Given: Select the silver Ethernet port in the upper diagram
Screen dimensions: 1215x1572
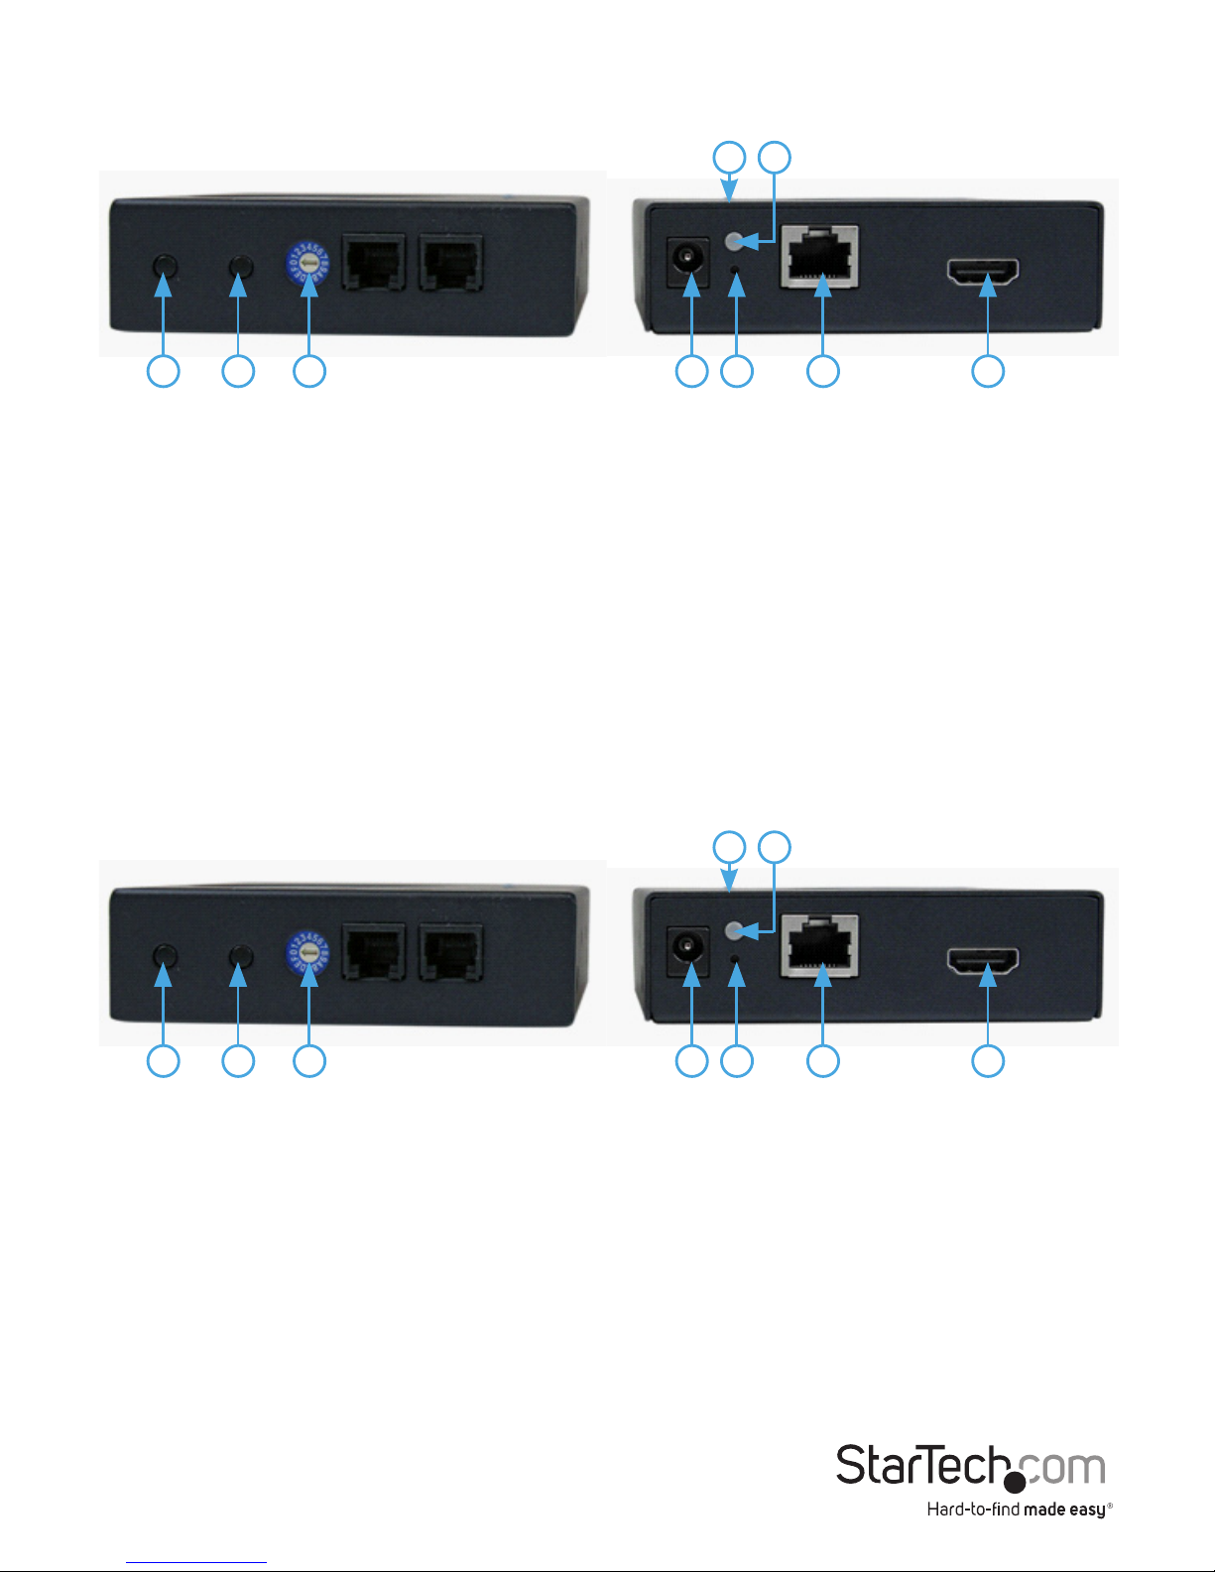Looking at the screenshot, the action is tap(820, 255).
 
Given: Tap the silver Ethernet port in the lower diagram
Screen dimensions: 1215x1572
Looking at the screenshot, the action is tap(820, 945).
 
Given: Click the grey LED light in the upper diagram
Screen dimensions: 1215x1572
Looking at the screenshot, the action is tap(735, 240).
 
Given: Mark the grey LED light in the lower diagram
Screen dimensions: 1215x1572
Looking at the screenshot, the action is tap(735, 930).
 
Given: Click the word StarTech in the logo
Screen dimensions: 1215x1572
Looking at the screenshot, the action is tap(922, 1466).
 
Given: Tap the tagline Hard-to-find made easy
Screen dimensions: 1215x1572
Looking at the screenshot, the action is tap(1018, 1511).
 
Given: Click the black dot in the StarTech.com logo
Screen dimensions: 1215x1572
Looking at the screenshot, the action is tap(1015, 1483).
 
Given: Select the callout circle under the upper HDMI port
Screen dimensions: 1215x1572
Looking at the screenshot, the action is tap(988, 372).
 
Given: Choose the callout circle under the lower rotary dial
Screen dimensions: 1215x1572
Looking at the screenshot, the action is tap(309, 1061).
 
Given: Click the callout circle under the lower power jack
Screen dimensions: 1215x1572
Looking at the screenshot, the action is tap(691, 1061).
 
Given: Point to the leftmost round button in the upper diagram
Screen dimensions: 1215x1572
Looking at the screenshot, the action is tap(164, 266).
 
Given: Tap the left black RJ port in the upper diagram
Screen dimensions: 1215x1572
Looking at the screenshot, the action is tap(373, 262).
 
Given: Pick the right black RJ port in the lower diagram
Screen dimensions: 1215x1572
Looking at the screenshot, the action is tap(451, 952).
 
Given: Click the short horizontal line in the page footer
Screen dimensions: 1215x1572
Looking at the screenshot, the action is tap(196, 1563).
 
